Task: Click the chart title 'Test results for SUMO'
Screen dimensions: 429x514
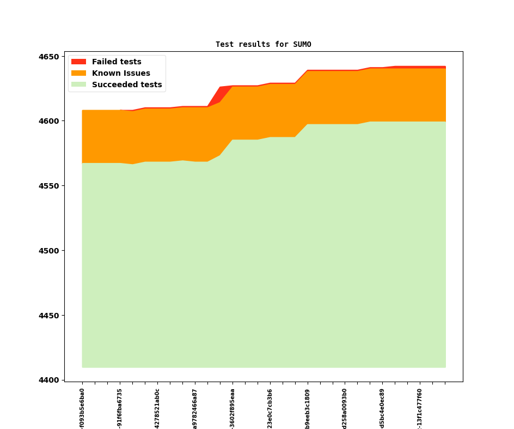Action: pyautogui.click(x=263, y=45)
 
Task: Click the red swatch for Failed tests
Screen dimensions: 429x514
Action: pyautogui.click(x=78, y=62)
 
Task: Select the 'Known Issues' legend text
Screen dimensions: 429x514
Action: pyautogui.click(x=121, y=74)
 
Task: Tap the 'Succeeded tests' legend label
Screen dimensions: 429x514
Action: pyautogui.click(x=127, y=85)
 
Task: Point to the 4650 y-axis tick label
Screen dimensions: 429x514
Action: pyautogui.click(x=48, y=57)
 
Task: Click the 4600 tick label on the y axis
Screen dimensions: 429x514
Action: pyautogui.click(x=48, y=121)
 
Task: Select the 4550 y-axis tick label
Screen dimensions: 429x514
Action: pyautogui.click(x=48, y=186)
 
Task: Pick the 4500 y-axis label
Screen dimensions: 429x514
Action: pyautogui.click(x=48, y=251)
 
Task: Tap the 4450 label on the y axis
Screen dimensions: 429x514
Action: pyautogui.click(x=48, y=316)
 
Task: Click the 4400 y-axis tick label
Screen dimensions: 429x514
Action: pyautogui.click(x=48, y=380)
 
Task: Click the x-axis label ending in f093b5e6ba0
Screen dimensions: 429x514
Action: pyautogui.click(x=82, y=408)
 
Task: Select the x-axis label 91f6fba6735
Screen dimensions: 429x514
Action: pyautogui.click(x=120, y=408)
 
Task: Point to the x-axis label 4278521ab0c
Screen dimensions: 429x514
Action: pyautogui.click(x=157, y=408)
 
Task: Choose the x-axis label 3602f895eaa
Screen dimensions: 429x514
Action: pyautogui.click(x=232, y=408)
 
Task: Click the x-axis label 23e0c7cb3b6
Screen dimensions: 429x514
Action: pyautogui.click(x=270, y=408)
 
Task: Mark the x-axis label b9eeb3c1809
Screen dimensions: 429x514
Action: pyautogui.click(x=308, y=408)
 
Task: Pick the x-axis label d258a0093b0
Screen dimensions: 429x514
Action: pyautogui.click(x=345, y=408)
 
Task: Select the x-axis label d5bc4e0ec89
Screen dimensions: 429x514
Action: pyautogui.click(x=382, y=408)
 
